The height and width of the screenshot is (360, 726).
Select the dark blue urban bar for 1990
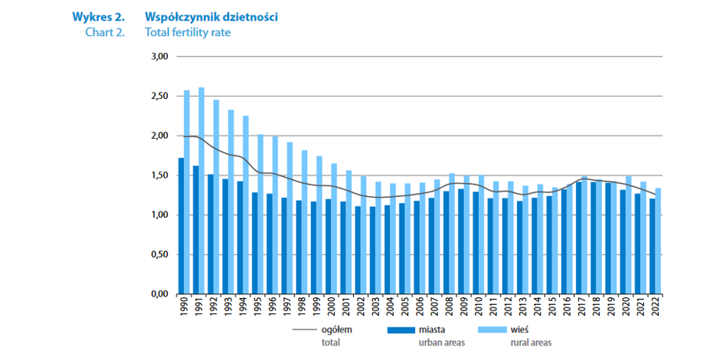(x=181, y=226)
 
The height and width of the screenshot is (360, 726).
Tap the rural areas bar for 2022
(x=658, y=241)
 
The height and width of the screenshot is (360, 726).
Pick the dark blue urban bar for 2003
(x=372, y=250)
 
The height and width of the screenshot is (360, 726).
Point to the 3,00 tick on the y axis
(x=159, y=57)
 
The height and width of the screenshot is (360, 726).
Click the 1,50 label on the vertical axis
(x=159, y=175)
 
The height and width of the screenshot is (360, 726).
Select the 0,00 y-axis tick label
(x=159, y=294)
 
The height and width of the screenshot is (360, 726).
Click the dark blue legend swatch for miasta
(x=402, y=330)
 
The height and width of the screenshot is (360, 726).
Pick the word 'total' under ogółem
(x=331, y=342)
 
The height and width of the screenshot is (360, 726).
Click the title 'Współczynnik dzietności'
(x=201, y=17)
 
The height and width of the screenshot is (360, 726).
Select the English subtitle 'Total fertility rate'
(x=188, y=33)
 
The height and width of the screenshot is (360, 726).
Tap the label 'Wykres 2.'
(x=98, y=17)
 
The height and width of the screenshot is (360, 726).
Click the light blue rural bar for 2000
(x=334, y=228)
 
